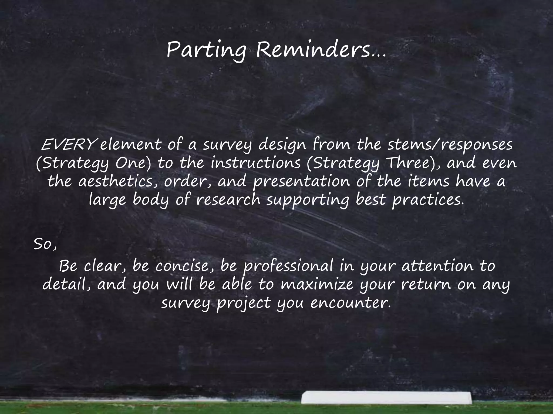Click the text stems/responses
(x=450, y=146)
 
